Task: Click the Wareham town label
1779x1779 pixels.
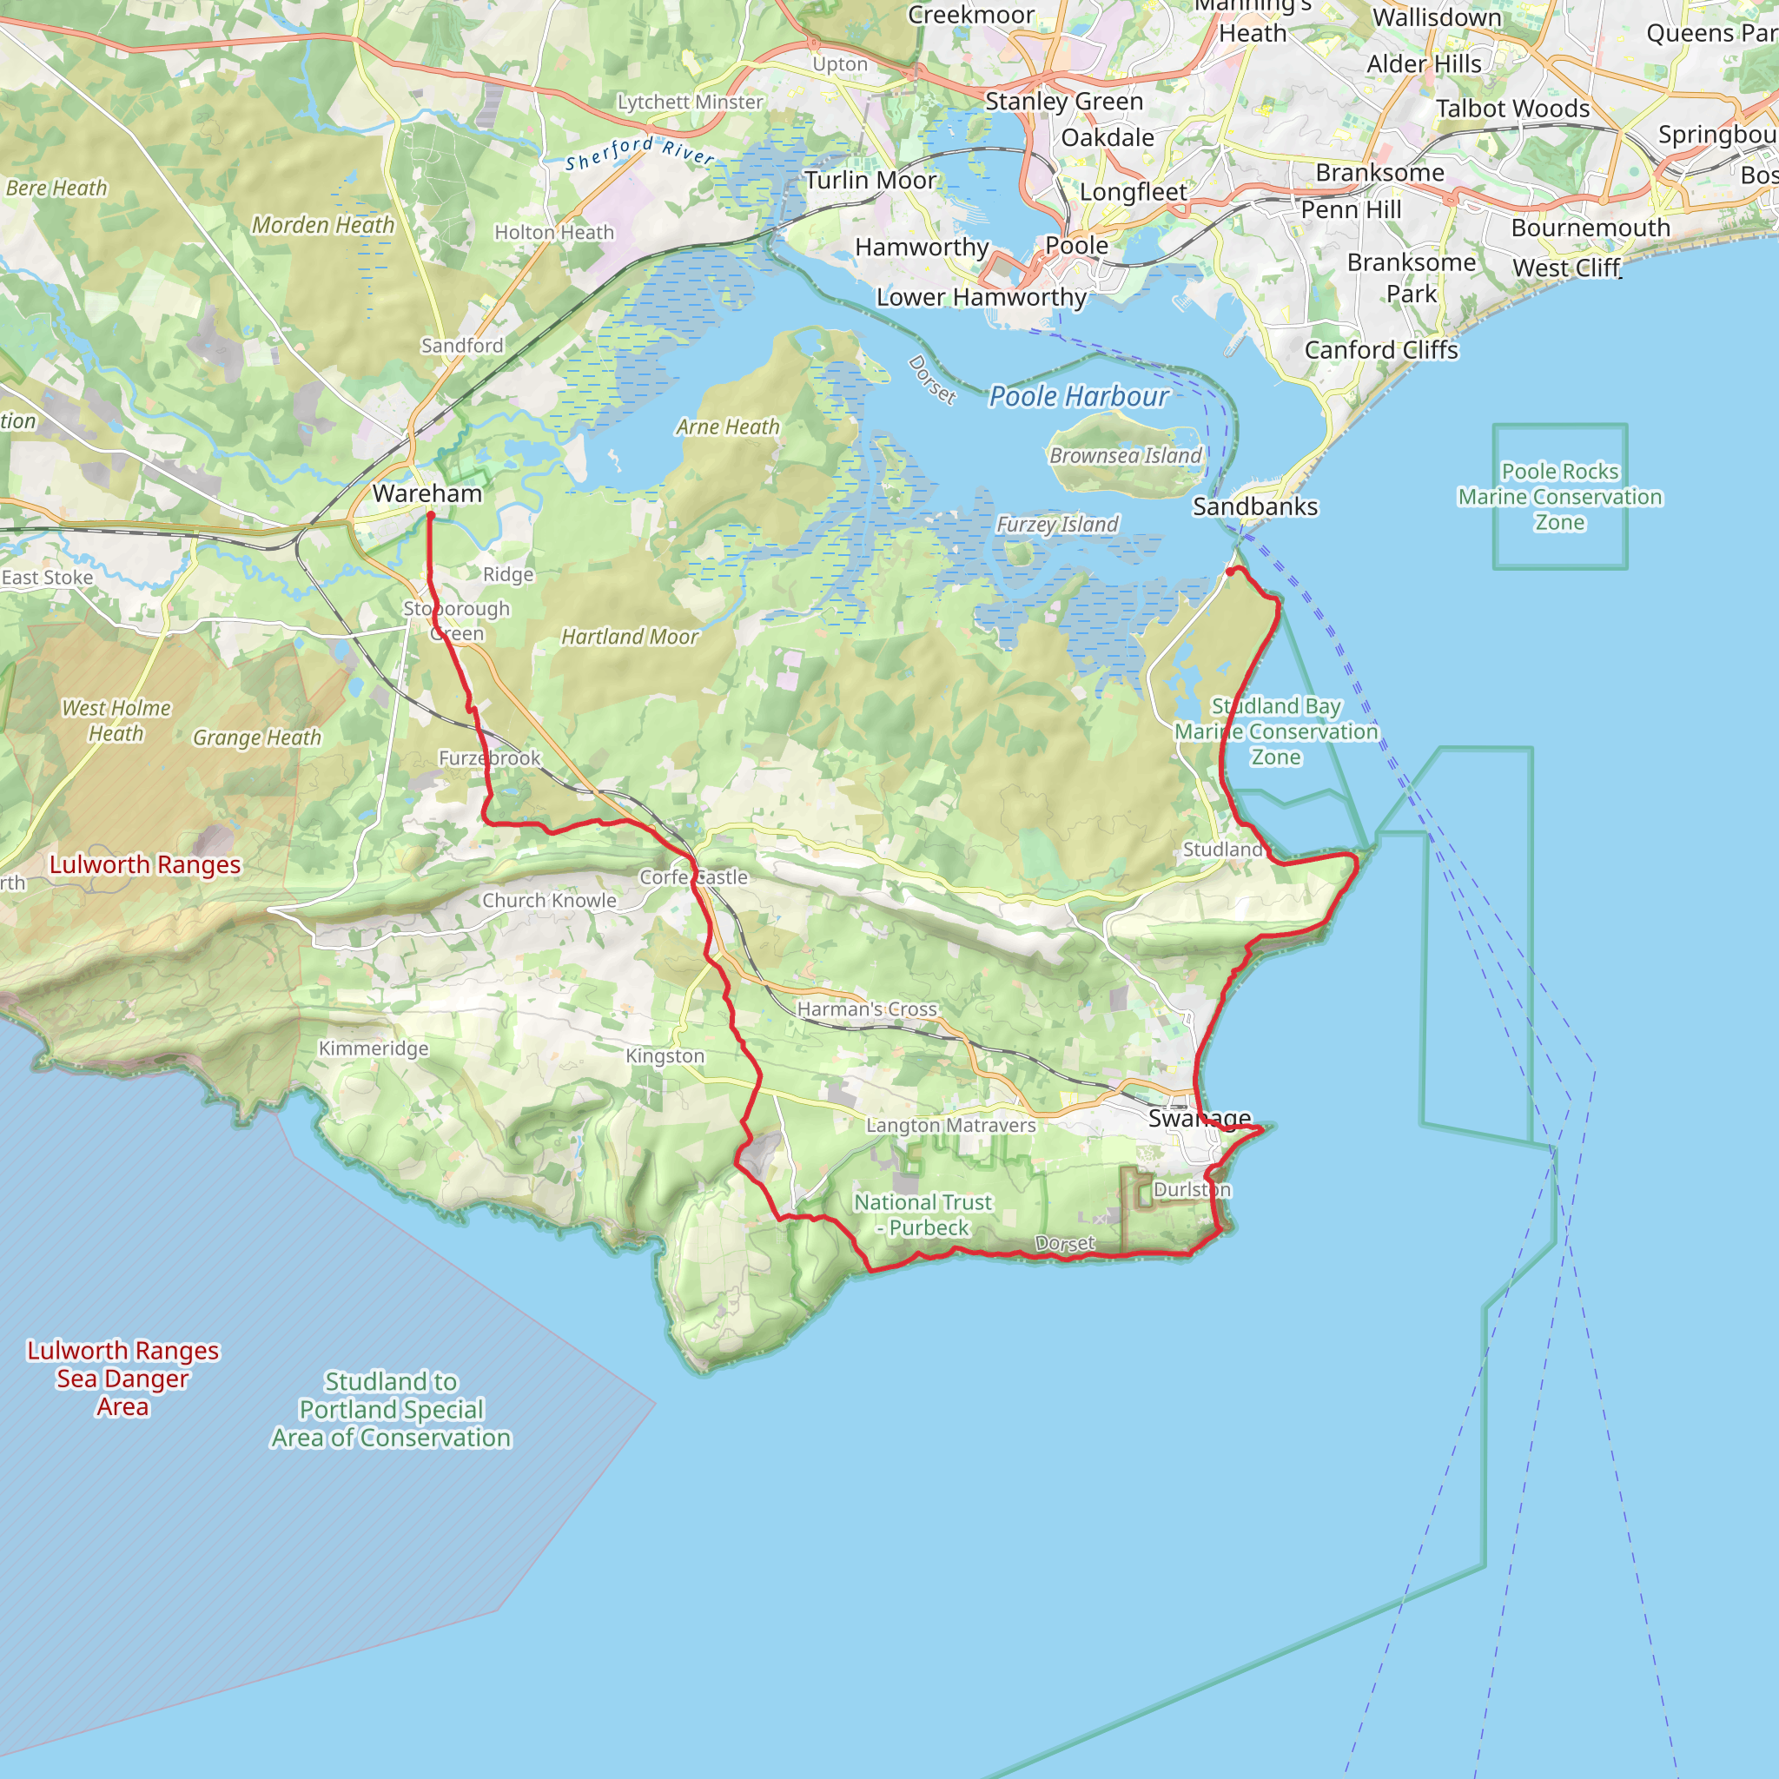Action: coord(427,493)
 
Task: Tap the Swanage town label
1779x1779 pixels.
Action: coord(1199,1118)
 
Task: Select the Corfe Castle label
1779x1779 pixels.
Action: coord(693,877)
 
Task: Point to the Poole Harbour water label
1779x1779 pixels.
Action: coord(1078,397)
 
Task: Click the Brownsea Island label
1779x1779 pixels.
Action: coord(1125,456)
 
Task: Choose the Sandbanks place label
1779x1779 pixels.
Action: coord(1254,507)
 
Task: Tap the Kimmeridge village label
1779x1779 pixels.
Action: coord(373,1048)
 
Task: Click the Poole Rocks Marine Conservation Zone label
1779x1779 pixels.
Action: coord(1559,497)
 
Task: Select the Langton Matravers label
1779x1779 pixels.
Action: coord(950,1125)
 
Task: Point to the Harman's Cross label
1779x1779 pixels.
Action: coord(866,1009)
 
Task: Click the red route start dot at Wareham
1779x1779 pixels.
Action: coord(430,516)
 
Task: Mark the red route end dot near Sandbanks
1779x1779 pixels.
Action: coord(1230,572)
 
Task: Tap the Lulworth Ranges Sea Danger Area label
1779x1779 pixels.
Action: coord(122,1379)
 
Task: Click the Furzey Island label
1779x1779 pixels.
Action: coord(1057,525)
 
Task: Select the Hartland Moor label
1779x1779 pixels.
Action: coord(630,638)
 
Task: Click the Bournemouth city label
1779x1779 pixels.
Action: coord(1590,228)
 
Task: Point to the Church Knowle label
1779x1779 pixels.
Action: coord(549,901)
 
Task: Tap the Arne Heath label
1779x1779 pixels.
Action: coord(727,427)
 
